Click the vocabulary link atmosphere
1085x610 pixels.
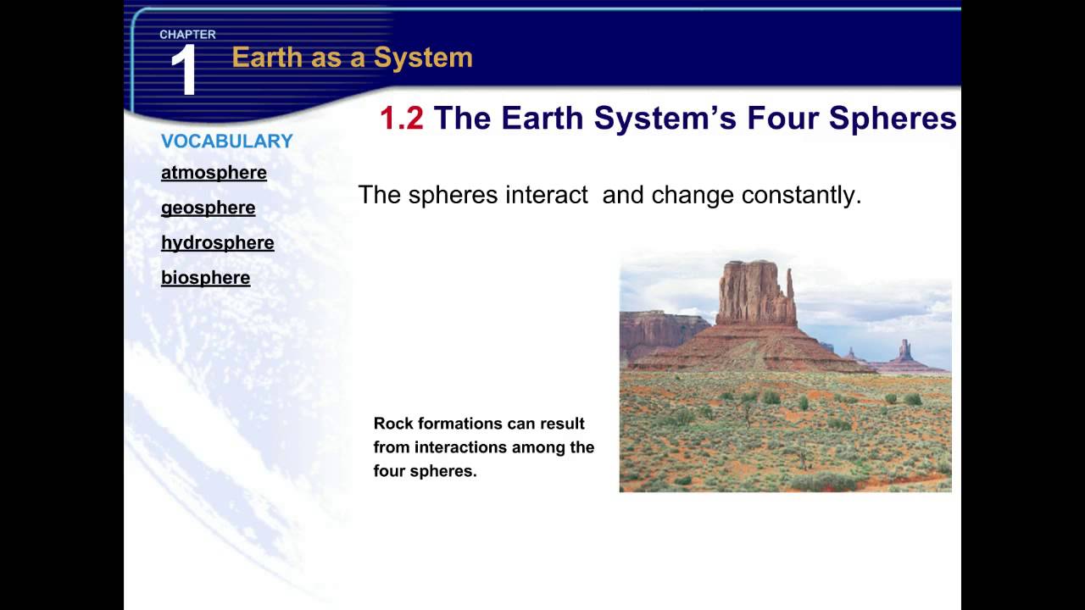[x=214, y=173]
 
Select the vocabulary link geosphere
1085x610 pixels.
[x=208, y=208]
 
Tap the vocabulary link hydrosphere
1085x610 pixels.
[x=217, y=243]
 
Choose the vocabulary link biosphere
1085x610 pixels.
[x=205, y=278]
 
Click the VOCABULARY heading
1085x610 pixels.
[x=226, y=141]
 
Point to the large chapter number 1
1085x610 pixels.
[x=184, y=70]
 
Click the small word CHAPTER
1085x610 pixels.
[x=187, y=35]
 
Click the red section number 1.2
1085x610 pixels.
[x=401, y=119]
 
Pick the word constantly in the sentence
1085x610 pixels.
[x=801, y=195]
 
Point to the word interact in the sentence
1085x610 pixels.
[x=546, y=195]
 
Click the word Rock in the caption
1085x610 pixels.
[x=394, y=424]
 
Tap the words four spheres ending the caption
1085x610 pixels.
[x=425, y=471]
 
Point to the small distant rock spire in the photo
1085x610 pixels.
[x=904, y=349]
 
